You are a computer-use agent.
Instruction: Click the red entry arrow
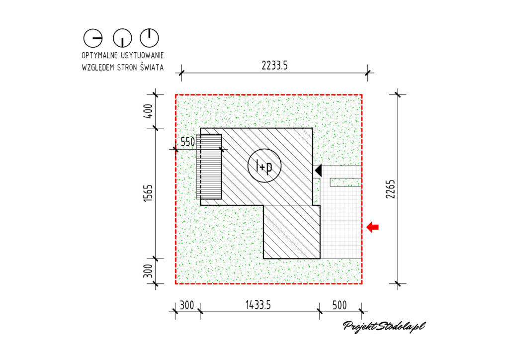click(372, 227)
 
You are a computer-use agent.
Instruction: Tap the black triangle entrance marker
click(319, 170)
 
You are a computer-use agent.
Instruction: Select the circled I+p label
click(264, 166)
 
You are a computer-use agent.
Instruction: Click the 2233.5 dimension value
click(274, 66)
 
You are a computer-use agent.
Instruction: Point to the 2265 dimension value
click(391, 189)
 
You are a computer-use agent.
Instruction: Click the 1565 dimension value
click(148, 193)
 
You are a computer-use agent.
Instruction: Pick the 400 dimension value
click(148, 111)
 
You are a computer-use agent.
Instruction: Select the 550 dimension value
click(187, 142)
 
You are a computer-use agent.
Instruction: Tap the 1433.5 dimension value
click(258, 305)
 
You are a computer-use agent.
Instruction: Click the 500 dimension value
click(339, 305)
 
